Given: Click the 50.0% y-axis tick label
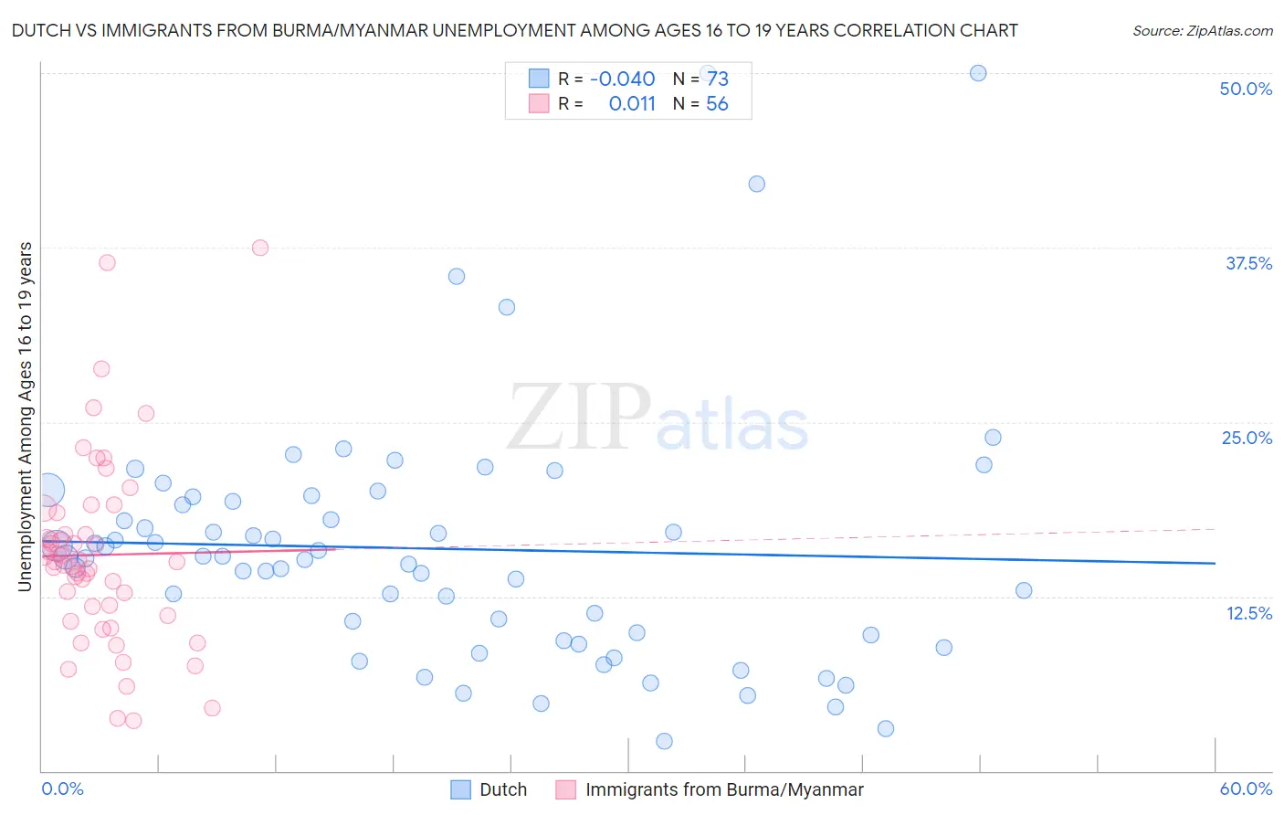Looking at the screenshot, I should pos(1246,89).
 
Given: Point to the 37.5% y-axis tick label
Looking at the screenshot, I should pos(1248,263).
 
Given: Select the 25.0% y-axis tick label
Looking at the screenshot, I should pos(1247,438).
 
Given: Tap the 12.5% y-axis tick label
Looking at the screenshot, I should pos(1248,613).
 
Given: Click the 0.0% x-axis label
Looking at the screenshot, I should pos(62,789).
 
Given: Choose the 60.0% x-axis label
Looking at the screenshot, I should pos(1246,789).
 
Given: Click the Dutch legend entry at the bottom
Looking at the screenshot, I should pos(489,789).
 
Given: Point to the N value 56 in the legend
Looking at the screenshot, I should pos(717,104).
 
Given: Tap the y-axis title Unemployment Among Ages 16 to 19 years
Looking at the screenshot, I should pos(26,417).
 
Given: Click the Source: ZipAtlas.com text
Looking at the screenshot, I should pos(1202,30).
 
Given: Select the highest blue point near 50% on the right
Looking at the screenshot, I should pos(978,73).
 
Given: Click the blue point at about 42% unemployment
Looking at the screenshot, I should pos(756,184).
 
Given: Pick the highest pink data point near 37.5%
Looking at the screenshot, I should pos(260,248).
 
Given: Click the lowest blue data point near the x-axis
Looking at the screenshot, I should pos(664,741).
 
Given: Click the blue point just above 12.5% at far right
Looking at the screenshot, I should pos(1024,590).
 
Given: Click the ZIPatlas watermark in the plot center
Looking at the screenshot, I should pos(657,418).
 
